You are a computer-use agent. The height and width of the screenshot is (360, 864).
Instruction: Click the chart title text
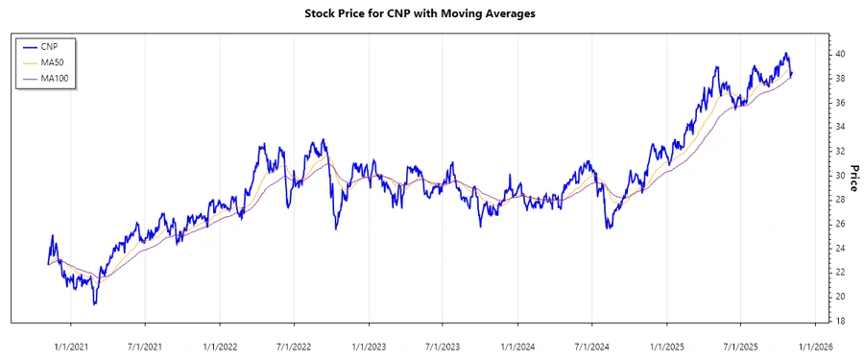(x=432, y=13)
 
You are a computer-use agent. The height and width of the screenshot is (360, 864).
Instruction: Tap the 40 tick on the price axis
(x=840, y=54)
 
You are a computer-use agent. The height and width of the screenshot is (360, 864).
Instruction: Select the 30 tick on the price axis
(x=840, y=176)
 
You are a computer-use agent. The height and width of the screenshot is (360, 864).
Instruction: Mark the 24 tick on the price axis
(x=840, y=249)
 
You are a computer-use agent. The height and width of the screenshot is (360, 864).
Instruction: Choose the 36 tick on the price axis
(x=840, y=103)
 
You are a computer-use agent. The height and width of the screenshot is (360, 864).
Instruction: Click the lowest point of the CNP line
(x=94, y=304)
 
